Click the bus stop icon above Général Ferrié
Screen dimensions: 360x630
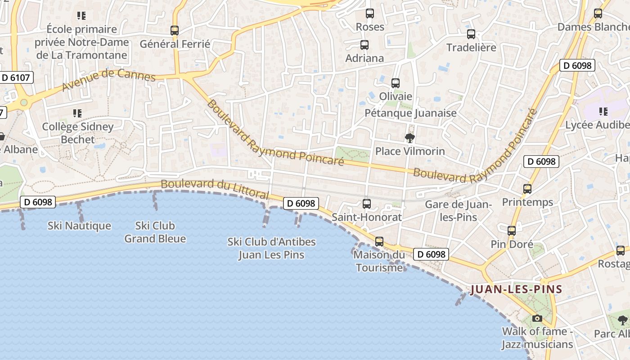(175, 31)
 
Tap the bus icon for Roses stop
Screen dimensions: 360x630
(370, 13)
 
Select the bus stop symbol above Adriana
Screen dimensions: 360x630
(364, 45)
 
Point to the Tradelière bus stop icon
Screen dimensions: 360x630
(471, 34)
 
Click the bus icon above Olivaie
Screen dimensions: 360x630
(396, 83)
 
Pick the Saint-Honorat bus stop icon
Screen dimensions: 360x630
(367, 203)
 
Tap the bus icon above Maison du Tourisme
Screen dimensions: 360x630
(379, 242)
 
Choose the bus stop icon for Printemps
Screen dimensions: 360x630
(527, 189)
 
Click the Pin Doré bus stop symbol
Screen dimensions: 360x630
(512, 231)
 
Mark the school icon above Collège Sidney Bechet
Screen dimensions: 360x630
(77, 113)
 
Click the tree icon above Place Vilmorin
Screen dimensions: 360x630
(409, 138)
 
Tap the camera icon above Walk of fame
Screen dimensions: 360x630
(537, 319)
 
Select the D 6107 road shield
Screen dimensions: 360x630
(16, 77)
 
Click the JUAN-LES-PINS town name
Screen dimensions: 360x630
(517, 289)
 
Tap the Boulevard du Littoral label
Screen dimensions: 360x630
(215, 189)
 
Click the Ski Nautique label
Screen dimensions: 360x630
(79, 225)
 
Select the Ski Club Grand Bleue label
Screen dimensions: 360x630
(155, 232)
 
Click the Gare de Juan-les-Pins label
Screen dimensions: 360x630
(459, 211)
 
